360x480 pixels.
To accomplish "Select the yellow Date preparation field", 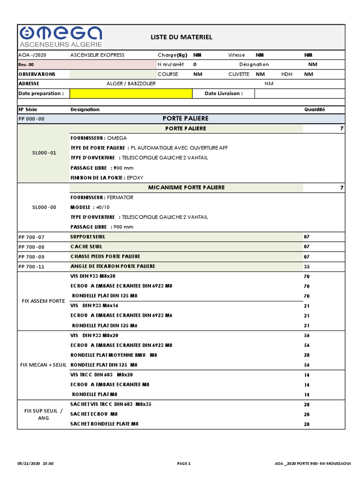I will tap(131, 93).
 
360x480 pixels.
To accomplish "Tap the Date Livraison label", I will tap(224, 93).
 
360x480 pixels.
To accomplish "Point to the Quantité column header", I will tap(315, 109).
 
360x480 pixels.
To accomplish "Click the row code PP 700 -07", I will tap(31, 237).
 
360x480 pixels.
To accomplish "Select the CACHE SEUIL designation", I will tap(86, 247).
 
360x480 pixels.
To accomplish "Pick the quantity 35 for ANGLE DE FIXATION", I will tap(307, 267).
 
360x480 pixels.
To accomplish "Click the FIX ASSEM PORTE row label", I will tap(44, 300).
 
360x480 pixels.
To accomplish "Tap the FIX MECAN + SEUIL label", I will tap(44, 365).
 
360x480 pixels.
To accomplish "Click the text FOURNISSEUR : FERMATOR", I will tap(102, 197).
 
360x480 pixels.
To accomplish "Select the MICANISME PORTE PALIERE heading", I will tap(186, 187).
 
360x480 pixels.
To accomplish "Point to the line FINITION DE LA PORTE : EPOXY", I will tap(107, 178).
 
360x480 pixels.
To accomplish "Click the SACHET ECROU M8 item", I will tap(94, 414).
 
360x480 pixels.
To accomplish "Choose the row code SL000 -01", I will tap(44, 153).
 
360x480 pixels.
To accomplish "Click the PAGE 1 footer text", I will tap(184, 464).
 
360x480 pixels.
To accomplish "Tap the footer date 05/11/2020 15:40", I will tap(36, 464).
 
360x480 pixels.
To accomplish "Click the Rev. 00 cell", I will tap(26, 65).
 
